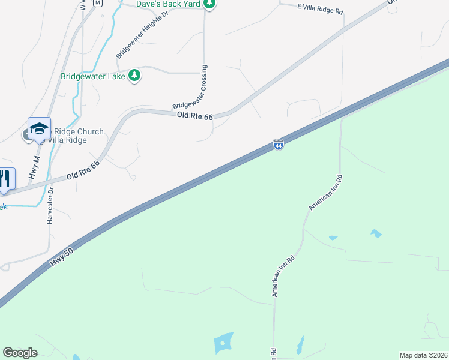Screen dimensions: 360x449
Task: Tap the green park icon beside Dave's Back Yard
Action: (x=209, y=4)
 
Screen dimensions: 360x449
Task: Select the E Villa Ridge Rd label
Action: (x=320, y=11)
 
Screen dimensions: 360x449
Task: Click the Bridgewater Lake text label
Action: (x=93, y=76)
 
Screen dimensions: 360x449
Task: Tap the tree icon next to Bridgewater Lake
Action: (x=136, y=75)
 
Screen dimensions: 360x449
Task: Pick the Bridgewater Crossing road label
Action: (x=190, y=88)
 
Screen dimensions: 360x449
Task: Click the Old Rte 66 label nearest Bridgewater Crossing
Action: (x=195, y=116)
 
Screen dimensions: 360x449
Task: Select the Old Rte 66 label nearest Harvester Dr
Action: (x=83, y=169)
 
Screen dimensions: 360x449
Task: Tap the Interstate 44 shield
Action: (x=279, y=145)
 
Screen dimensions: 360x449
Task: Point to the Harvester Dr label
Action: (x=51, y=206)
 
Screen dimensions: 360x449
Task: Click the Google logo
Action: (x=20, y=353)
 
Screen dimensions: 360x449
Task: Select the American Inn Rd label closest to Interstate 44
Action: (x=325, y=193)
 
